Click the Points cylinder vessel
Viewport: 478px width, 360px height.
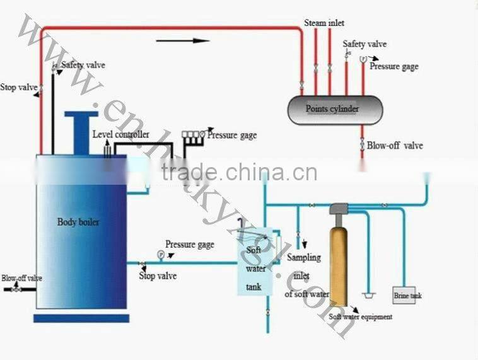[335, 110]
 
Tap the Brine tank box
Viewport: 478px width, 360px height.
[404, 295]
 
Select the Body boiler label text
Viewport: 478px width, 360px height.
[78, 222]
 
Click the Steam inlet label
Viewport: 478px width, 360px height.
[324, 23]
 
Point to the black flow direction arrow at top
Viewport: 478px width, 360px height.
[183, 40]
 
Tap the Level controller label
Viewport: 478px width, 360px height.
[120, 134]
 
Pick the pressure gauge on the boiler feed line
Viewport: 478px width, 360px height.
[161, 255]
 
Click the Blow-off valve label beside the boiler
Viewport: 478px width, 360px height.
[22, 278]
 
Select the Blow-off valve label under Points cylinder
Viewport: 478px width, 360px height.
[395, 146]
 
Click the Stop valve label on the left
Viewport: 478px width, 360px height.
[18, 87]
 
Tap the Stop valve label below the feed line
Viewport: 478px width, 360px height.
[158, 276]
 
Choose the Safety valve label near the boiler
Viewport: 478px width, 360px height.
[83, 65]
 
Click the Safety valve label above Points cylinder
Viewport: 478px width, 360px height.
[364, 44]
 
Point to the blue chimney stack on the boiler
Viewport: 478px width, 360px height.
[81, 133]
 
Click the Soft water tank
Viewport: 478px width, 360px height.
[255, 262]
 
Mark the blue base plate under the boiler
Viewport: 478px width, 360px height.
[81, 318]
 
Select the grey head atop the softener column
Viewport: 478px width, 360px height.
[339, 209]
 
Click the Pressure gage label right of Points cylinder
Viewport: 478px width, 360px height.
[394, 66]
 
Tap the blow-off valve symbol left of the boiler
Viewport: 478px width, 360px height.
[16, 288]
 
